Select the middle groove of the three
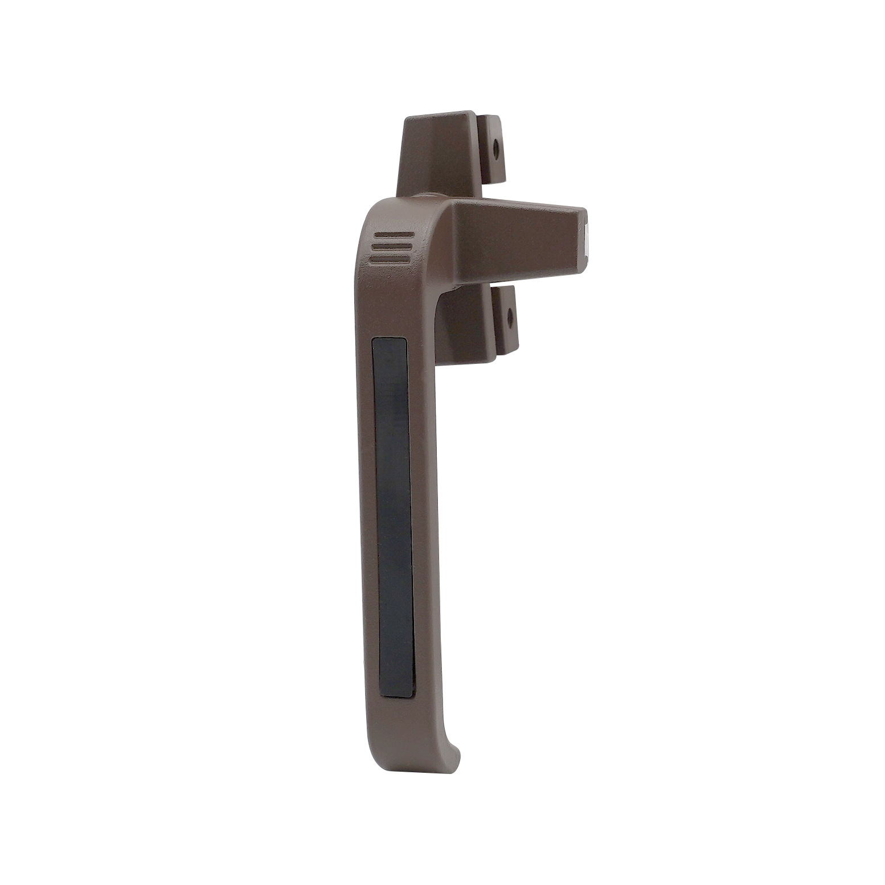(x=391, y=247)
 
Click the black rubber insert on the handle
(x=394, y=513)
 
